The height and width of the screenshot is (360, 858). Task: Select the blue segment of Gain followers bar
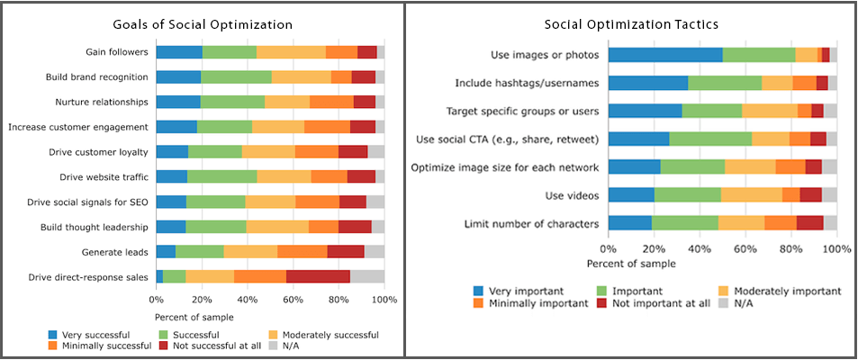click(179, 52)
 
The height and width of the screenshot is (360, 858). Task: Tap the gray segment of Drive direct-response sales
click(367, 277)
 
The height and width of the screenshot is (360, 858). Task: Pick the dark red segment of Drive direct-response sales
click(318, 277)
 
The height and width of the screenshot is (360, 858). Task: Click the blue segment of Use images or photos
click(665, 55)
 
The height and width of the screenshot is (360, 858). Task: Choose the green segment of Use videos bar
click(688, 194)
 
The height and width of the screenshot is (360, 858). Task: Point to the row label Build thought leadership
click(95, 227)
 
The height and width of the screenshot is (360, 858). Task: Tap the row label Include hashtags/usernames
click(530, 84)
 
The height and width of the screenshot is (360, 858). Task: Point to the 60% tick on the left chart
click(294, 299)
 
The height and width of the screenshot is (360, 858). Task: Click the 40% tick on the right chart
click(700, 248)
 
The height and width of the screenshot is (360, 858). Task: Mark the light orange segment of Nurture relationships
click(287, 103)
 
